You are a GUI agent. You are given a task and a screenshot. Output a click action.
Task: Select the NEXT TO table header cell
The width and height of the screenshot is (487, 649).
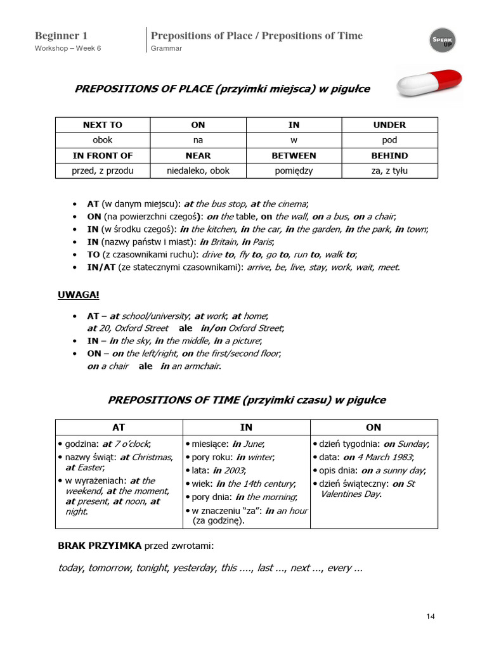tap(102, 125)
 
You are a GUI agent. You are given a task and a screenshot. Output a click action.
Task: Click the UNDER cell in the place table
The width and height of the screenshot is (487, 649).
tap(389, 125)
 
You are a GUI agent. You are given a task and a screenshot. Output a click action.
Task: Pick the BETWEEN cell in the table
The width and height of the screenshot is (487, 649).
tap(294, 155)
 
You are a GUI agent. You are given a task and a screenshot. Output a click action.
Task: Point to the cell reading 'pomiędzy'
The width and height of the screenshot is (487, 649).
tap(294, 170)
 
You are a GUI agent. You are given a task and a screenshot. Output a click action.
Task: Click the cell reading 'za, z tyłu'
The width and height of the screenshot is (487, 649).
tap(389, 170)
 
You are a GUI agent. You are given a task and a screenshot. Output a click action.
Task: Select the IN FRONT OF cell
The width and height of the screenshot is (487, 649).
tap(102, 155)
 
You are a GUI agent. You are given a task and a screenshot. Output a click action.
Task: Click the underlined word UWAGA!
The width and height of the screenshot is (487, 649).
tap(79, 295)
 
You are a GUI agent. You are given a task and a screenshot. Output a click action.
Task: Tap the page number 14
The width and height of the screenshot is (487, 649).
tap(431, 616)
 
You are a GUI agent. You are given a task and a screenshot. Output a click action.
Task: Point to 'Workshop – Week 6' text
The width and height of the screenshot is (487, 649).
tap(68, 49)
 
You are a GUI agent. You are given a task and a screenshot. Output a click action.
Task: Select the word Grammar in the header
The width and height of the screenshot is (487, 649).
tap(166, 49)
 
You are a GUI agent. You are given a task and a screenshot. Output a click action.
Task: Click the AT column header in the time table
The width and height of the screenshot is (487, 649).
tap(119, 427)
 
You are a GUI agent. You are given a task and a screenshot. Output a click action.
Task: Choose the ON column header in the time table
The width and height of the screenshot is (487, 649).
tap(373, 427)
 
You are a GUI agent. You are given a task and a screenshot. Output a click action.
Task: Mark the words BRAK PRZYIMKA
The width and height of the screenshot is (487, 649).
tap(100, 546)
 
